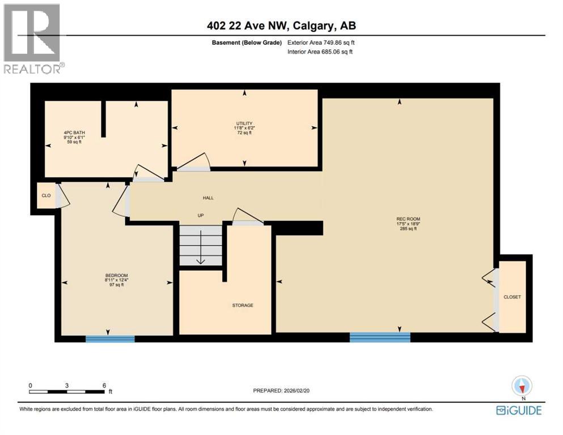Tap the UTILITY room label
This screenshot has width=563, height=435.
[244, 123]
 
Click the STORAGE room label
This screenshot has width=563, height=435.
[242, 305]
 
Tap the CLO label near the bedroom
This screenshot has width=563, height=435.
[46, 196]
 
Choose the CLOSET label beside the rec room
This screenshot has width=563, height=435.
[512, 297]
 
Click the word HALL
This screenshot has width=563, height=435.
[208, 198]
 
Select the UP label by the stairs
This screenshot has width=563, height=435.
[200, 215]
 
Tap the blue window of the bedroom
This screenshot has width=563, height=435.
[110, 339]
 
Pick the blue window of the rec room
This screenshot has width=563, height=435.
[379, 338]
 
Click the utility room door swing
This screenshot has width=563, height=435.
[194, 161]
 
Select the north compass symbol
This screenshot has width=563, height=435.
[522, 387]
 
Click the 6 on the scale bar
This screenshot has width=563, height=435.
[104, 385]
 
